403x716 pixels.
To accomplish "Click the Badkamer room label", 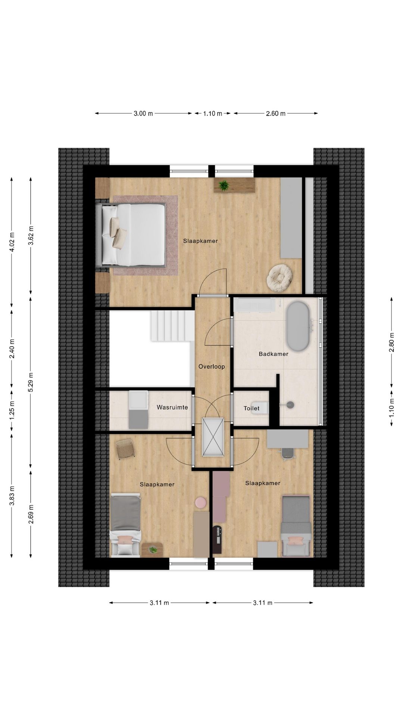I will (274, 354).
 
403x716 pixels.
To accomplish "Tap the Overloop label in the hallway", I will (212, 367).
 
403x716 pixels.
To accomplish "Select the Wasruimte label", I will (172, 407).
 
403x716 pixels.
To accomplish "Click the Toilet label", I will (252, 408).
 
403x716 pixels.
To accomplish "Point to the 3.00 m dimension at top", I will (143, 114).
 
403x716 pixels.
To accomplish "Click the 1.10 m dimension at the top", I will (212, 114).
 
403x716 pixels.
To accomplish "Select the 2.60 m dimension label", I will (275, 114).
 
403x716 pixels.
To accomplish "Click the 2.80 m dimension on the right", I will (391, 342).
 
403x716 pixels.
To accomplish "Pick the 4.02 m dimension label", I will (12, 242).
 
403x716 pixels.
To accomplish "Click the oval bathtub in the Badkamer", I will (297, 326).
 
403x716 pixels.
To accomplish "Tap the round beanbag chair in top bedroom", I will (279, 276).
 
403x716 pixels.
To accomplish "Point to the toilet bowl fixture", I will (263, 408).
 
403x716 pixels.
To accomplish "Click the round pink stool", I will (201, 502).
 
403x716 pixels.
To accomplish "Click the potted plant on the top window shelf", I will (224, 185).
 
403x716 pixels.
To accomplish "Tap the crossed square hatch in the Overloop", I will (213, 437).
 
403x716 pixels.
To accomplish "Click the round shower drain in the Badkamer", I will (291, 403).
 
